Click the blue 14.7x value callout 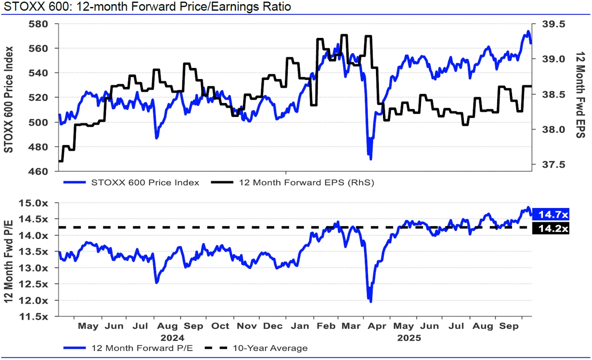click(x=551, y=214)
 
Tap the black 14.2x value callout click(x=551, y=228)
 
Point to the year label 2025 click(x=409, y=337)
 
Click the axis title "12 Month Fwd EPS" click(x=580, y=95)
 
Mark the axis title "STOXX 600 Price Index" click(x=8, y=99)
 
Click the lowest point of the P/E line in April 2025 click(x=370, y=302)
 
